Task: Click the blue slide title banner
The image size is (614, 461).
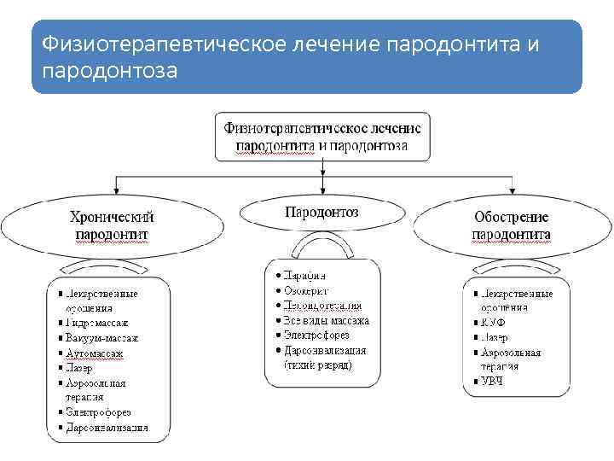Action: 307,56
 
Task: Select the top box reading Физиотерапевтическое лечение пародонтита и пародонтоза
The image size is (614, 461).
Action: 321,136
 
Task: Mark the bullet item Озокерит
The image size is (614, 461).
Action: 308,290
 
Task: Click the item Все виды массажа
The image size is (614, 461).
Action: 327,321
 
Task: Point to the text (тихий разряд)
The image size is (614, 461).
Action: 317,365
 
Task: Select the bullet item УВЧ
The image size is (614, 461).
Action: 492,381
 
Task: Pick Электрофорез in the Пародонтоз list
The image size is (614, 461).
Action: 318,336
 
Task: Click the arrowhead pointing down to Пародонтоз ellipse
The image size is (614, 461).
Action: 321,190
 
